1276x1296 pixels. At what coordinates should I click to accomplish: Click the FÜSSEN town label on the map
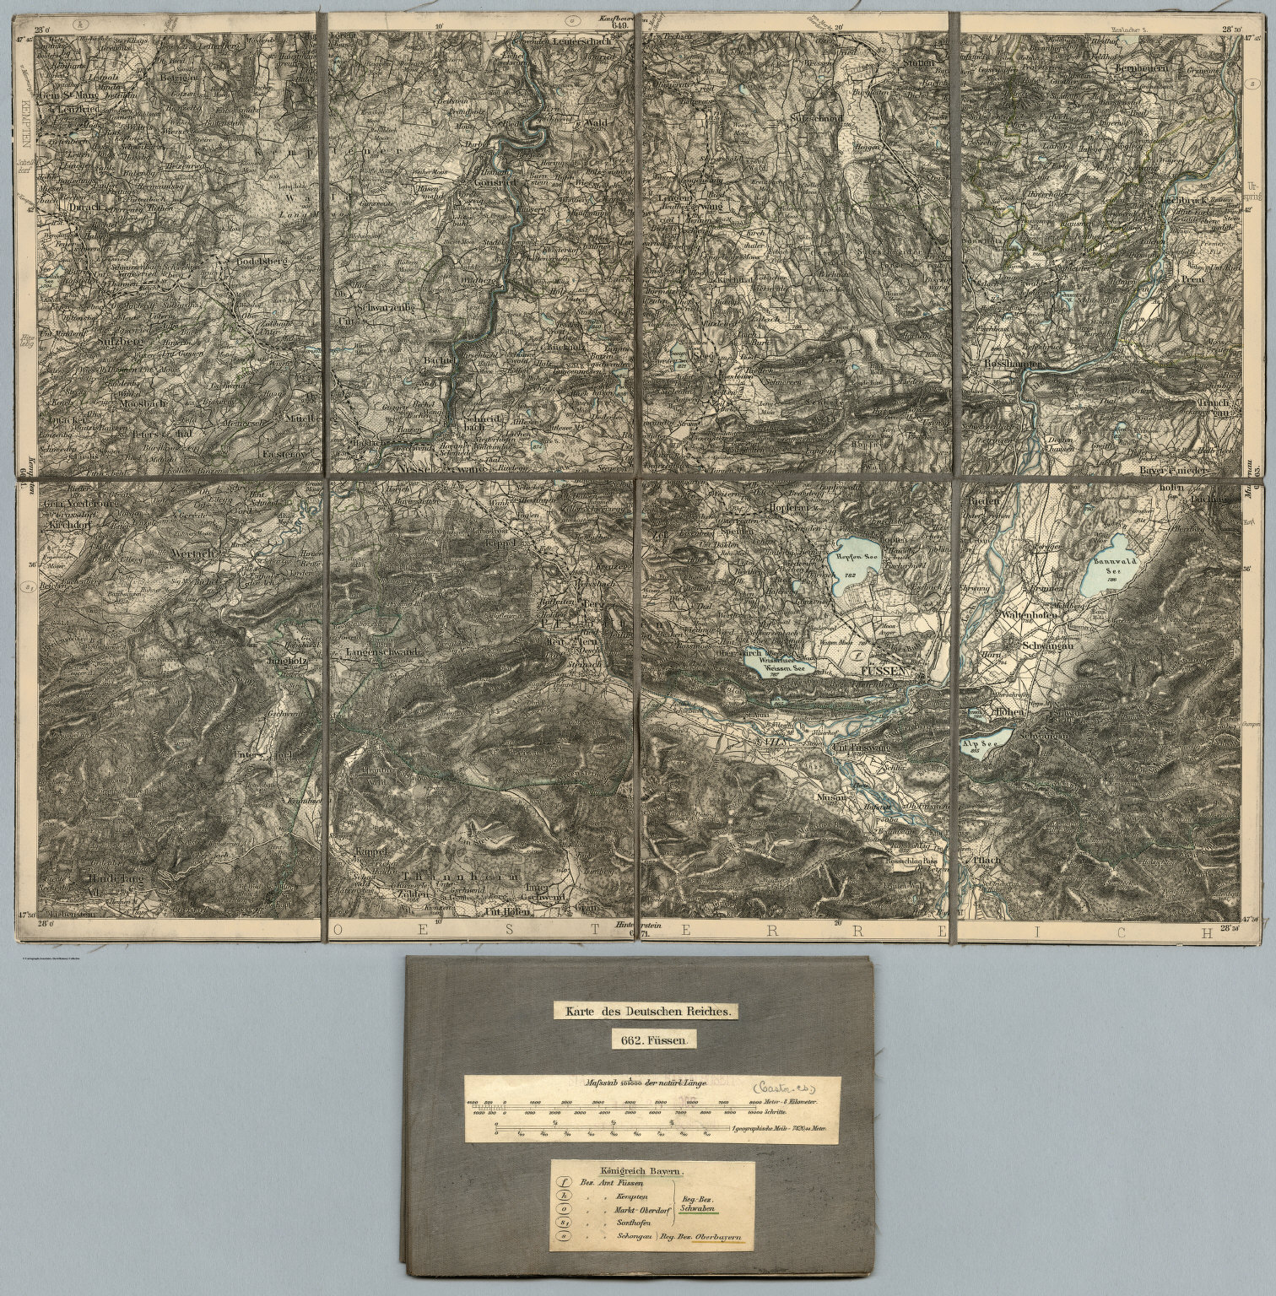pos(883,672)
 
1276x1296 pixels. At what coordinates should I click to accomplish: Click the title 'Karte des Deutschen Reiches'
pos(646,1009)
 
